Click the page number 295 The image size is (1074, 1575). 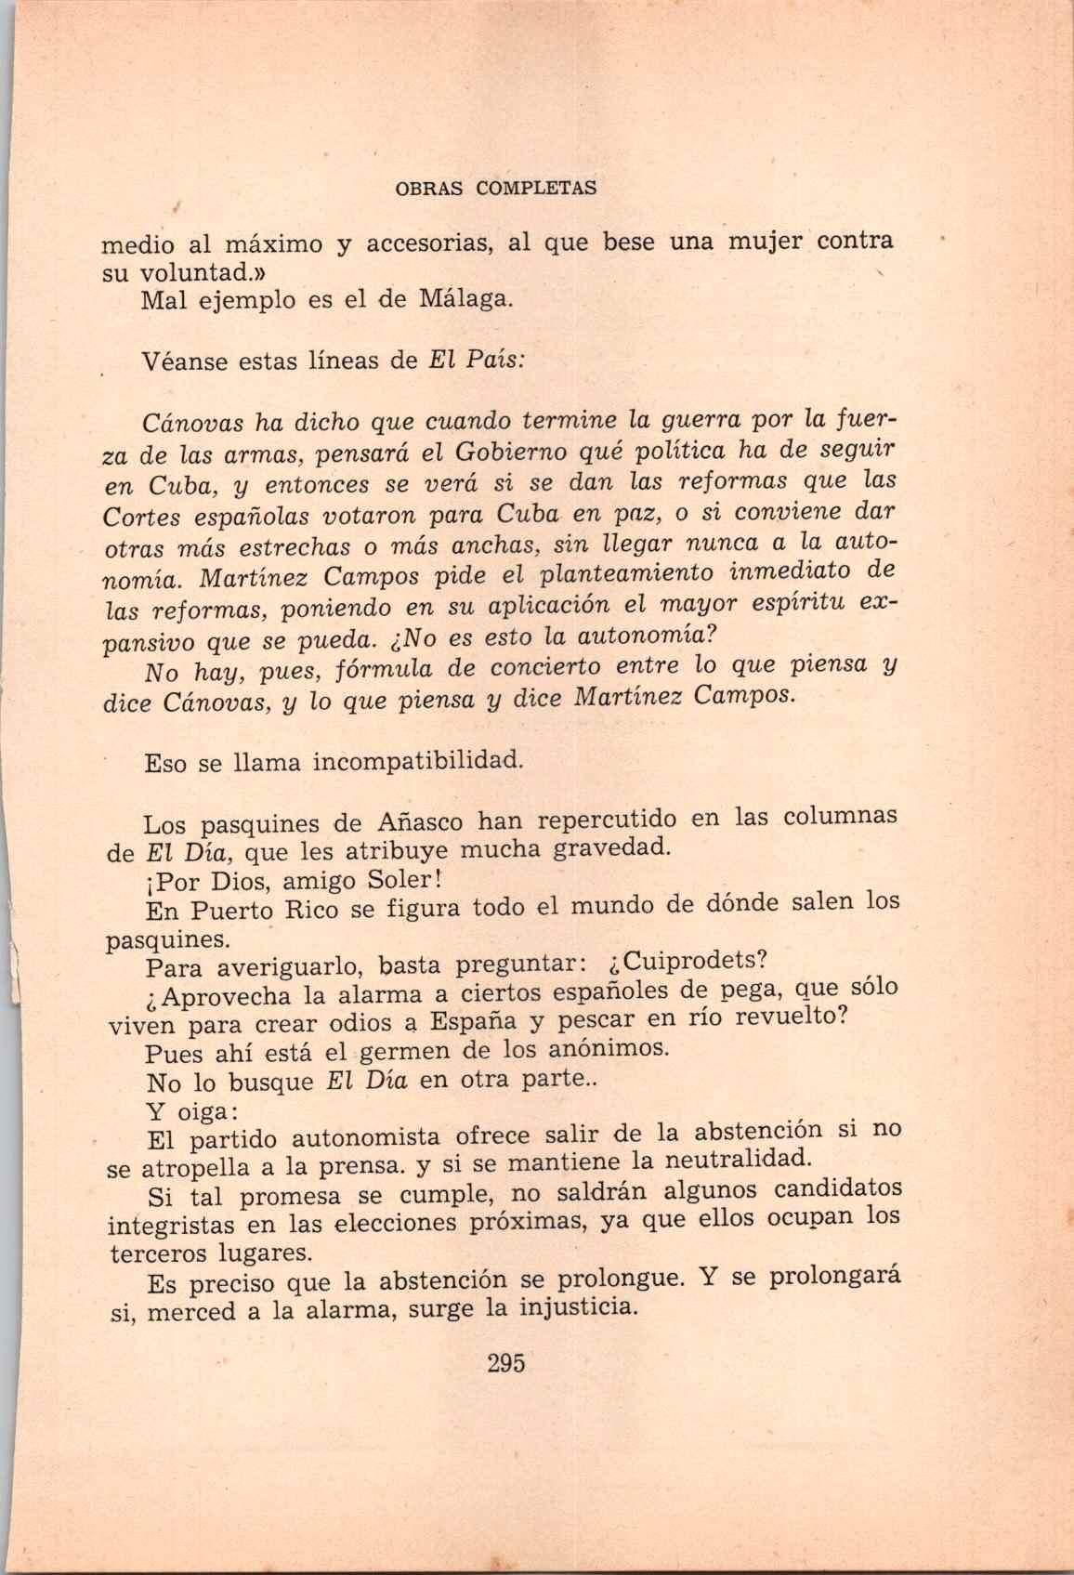(x=506, y=1364)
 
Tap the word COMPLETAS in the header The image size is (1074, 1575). (x=536, y=187)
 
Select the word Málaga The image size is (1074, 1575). (x=465, y=300)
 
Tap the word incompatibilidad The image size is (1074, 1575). (x=418, y=764)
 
